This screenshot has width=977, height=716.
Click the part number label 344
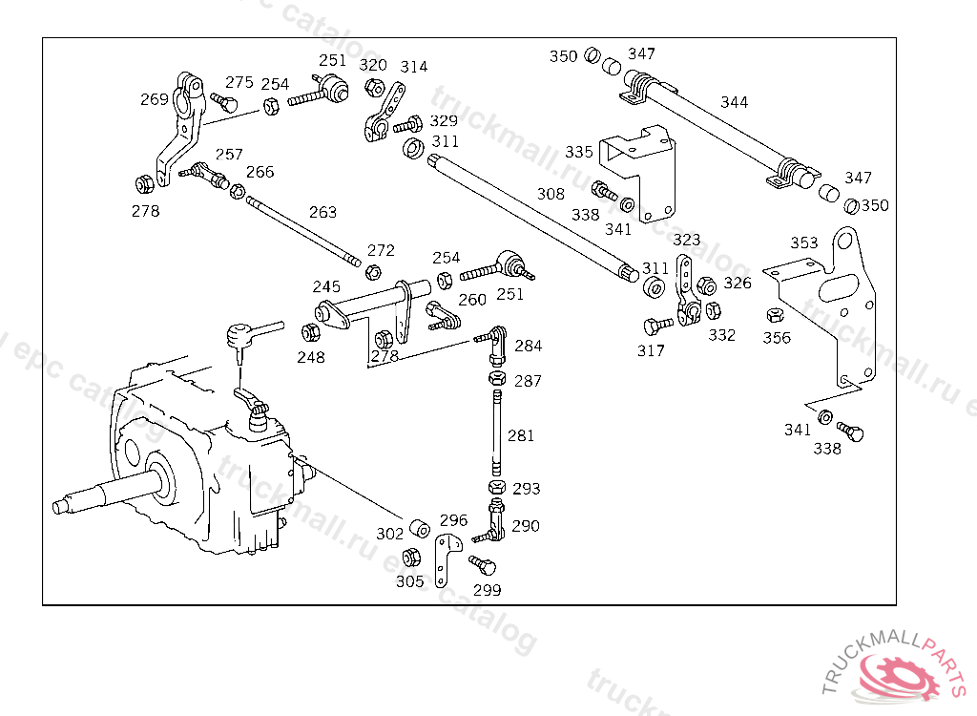click(x=735, y=102)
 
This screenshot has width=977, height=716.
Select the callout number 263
click(x=322, y=212)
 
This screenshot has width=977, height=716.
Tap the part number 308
click(x=551, y=194)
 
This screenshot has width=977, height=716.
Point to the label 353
click(x=804, y=242)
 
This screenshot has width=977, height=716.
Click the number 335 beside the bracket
click(x=579, y=152)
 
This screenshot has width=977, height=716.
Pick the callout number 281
click(x=521, y=435)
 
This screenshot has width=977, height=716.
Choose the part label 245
click(x=327, y=286)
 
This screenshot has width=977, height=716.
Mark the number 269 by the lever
click(x=155, y=99)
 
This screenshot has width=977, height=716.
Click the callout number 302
click(x=389, y=534)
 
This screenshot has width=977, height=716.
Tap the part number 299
click(x=487, y=590)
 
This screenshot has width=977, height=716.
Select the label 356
click(x=777, y=337)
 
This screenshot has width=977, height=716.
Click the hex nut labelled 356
click(x=775, y=315)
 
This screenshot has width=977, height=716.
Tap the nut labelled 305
click(x=411, y=557)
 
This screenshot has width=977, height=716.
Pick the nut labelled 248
click(x=311, y=333)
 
